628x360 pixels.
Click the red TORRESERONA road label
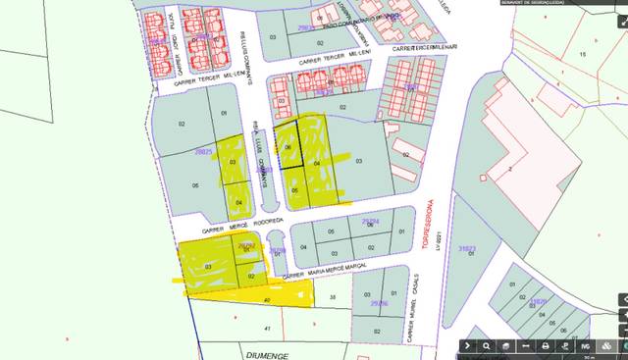(427, 225)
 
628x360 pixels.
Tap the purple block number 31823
(466, 248)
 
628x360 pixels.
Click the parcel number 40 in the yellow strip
(266, 299)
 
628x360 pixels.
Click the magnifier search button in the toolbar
(486, 346)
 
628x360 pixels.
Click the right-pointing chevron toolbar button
(469, 346)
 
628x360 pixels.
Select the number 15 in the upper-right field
(582, 53)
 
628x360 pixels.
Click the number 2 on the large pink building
(511, 169)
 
